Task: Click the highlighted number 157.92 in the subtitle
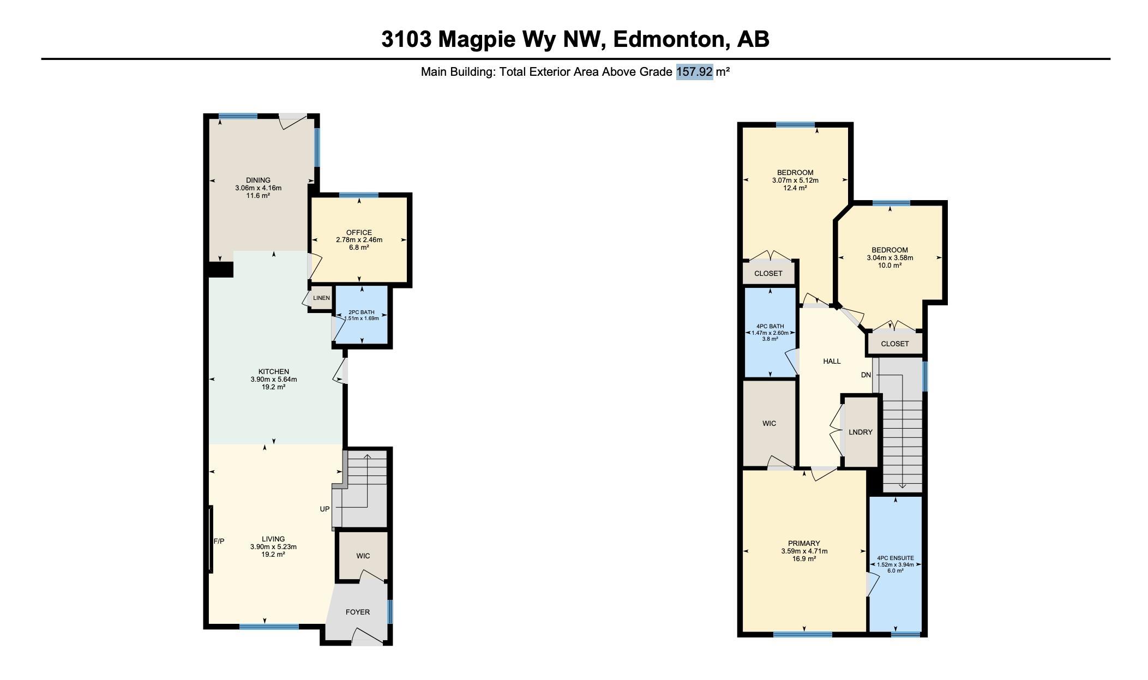[694, 72]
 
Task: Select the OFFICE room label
[359, 232]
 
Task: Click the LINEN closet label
[321, 298]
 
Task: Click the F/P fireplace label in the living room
[219, 541]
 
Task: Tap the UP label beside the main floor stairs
[324, 509]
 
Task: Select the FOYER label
[358, 612]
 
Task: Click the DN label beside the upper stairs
[866, 375]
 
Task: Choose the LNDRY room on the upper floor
[861, 432]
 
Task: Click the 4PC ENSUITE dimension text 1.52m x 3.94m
[895, 565]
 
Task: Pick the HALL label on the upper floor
[832, 361]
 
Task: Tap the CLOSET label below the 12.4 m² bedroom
[768, 273]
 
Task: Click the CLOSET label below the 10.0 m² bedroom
[895, 344]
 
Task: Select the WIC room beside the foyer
[363, 556]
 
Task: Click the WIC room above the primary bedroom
[769, 423]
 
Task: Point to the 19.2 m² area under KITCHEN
[273, 387]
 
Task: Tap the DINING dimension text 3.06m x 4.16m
[258, 188]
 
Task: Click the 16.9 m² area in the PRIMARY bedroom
[804, 559]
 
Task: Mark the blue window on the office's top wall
[358, 195]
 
